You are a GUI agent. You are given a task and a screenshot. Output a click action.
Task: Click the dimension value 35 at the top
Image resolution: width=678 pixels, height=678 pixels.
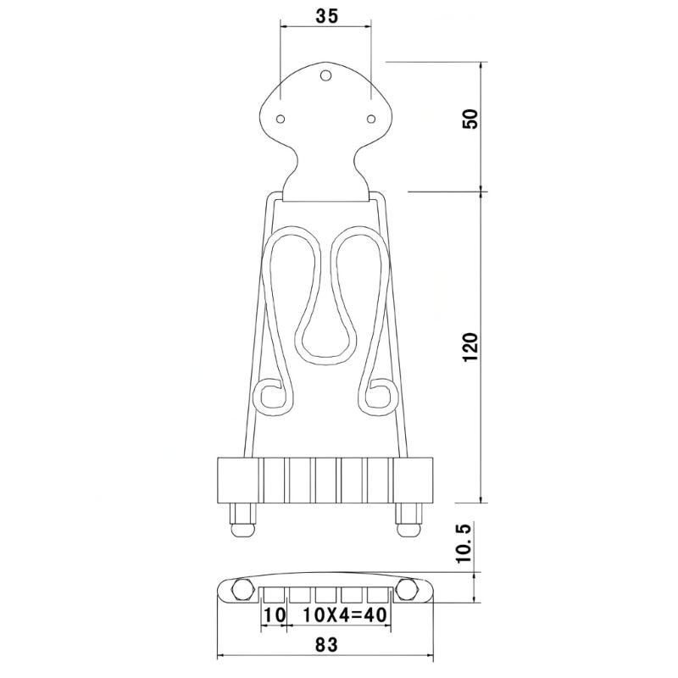coord(326,16)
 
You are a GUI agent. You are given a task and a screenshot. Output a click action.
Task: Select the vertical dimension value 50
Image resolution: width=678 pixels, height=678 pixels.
coord(471,119)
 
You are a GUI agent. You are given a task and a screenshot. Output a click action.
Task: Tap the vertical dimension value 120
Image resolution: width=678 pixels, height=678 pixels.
coord(470,347)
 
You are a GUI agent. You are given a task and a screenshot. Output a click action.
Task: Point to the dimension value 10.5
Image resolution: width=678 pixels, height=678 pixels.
coord(464,542)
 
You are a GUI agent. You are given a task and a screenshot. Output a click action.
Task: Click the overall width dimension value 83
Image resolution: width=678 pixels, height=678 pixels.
coord(326,645)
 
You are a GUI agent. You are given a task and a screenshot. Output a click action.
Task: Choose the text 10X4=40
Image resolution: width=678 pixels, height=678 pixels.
coord(345,615)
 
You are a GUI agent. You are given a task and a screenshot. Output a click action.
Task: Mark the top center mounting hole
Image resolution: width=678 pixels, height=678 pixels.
coord(325,76)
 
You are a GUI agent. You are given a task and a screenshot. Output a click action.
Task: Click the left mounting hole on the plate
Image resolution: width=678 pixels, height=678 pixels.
coord(281,119)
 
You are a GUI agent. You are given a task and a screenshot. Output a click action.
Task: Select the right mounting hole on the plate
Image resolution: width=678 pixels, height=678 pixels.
coord(371,119)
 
